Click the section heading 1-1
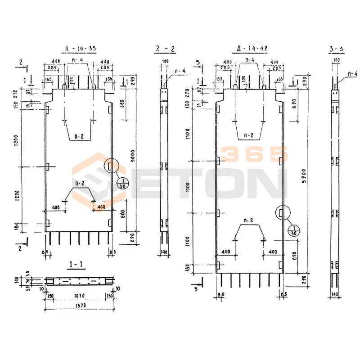75,265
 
